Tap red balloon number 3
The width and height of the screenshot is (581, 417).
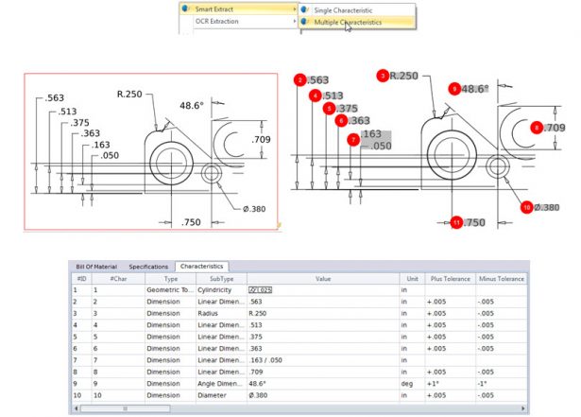383,75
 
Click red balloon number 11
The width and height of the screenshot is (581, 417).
456,222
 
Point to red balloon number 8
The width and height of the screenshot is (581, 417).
537,127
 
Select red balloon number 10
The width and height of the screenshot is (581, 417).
527,205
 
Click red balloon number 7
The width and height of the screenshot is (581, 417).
353,139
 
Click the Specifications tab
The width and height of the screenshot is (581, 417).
147,267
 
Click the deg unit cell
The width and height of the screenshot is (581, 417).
405,385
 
